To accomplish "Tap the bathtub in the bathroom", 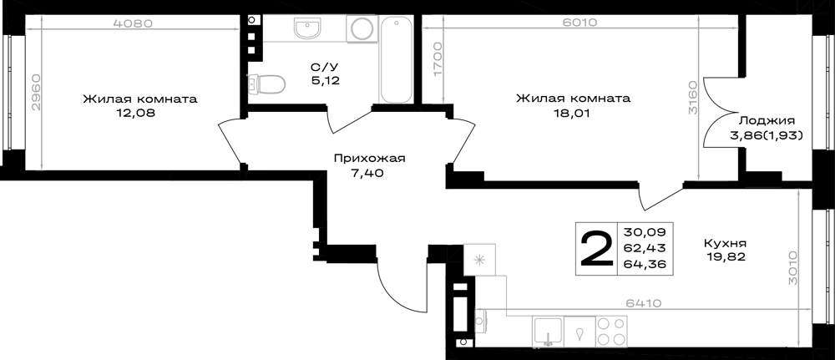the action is click(x=396, y=58).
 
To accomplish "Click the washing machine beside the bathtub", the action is click(x=362, y=28).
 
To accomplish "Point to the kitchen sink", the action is click(x=548, y=331).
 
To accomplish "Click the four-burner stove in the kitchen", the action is click(x=611, y=331).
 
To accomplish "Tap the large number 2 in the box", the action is click(x=596, y=249).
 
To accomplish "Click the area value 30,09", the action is click(x=645, y=233).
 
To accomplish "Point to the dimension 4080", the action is click(x=134, y=23).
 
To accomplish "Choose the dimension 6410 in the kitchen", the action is click(x=643, y=303).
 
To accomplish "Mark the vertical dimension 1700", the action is click(x=438, y=60).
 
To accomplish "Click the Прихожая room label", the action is click(x=370, y=158).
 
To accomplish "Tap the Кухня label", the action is click(x=725, y=243).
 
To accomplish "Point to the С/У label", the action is click(x=325, y=67).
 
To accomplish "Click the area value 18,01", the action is click(x=573, y=113).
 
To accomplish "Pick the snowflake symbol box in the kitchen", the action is click(x=479, y=260).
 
